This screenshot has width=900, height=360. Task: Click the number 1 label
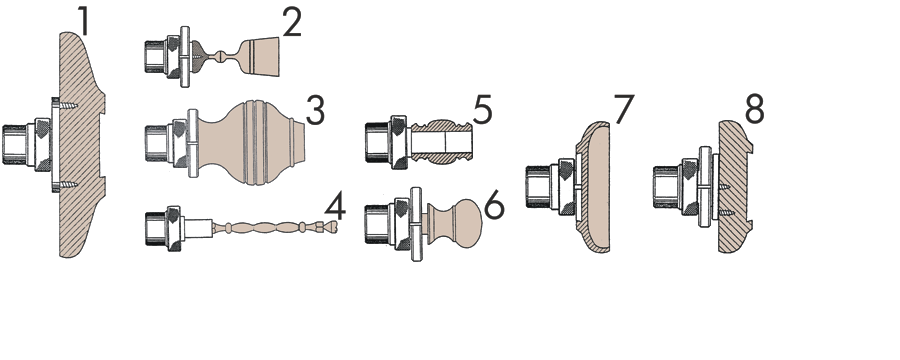point(84,21)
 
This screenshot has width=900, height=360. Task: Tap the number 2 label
point(291,24)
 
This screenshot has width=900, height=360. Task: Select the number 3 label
point(315,111)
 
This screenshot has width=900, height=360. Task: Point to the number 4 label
point(335,207)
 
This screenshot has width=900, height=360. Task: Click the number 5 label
point(483,110)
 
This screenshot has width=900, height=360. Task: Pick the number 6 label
point(494,206)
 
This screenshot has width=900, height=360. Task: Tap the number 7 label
point(624,110)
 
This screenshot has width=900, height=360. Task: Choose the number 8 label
point(755,110)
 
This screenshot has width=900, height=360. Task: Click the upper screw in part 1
point(68,106)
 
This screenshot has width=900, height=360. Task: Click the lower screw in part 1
point(68,185)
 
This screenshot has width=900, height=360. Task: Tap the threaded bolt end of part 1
point(14,145)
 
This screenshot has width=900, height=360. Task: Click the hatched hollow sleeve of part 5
point(440,141)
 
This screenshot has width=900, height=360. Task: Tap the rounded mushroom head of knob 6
point(467,224)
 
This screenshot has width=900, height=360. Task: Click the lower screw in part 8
point(723,212)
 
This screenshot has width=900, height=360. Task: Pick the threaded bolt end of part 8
point(666,187)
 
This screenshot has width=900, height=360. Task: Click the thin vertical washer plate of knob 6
point(417,224)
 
